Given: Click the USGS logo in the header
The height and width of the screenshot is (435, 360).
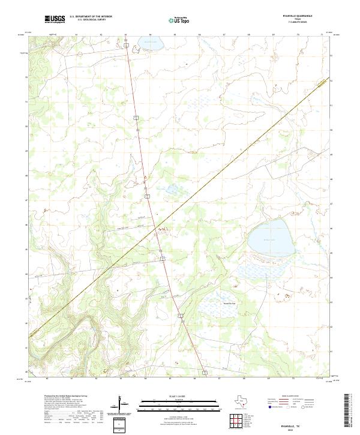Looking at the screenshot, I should pyautogui.click(x=55, y=19).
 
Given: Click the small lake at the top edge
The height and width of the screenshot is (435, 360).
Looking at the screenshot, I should pyautogui.click(x=150, y=43).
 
